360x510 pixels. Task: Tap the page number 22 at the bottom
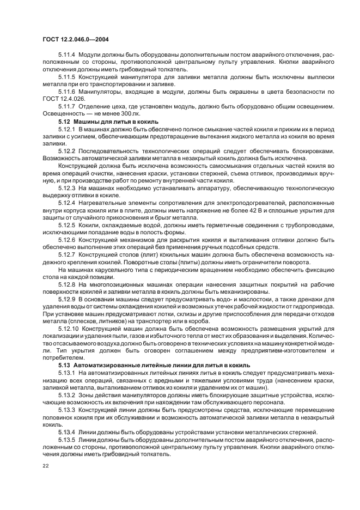click(x=45, y=466)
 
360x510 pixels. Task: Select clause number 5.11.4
click(x=68, y=55)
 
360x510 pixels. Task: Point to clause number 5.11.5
click(x=68, y=76)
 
